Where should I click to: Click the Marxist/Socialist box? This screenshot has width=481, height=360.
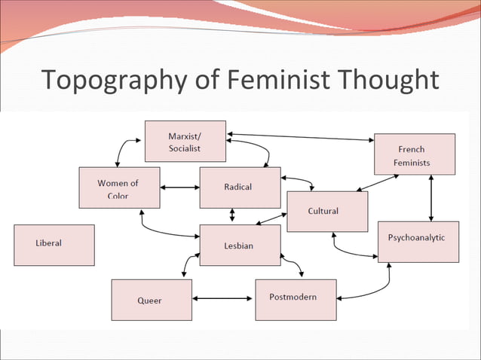(x=185, y=141)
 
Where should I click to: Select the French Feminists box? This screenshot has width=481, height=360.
(x=415, y=154)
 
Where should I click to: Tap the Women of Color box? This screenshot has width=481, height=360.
(x=119, y=188)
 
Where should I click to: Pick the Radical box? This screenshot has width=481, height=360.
(x=240, y=188)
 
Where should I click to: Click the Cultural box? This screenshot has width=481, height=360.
(x=327, y=212)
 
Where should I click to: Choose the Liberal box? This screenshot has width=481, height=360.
(x=54, y=245)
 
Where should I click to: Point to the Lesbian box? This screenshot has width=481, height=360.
(x=240, y=246)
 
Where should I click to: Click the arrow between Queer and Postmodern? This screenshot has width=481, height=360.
(x=223, y=298)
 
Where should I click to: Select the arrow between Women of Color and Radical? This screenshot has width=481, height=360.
(x=179, y=188)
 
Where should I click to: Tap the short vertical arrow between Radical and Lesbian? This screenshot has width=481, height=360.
(x=232, y=215)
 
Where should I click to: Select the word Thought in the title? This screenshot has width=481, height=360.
(x=388, y=79)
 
